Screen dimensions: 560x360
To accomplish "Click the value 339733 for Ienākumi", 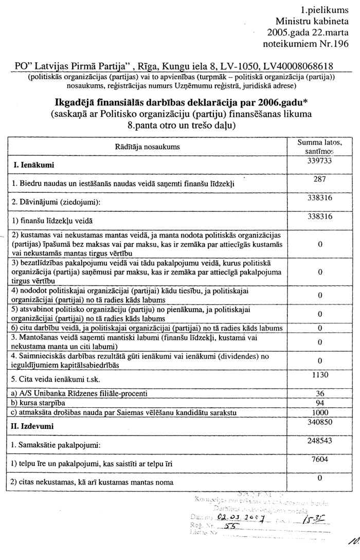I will [320, 161].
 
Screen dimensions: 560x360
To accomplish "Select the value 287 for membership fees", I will [320, 179].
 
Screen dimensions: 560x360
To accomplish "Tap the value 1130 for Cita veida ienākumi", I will [320, 375].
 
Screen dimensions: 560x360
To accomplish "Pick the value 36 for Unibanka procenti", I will [320, 393].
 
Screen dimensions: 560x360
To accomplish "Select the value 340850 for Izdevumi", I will [320, 421].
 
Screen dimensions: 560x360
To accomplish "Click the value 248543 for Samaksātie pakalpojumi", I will [320, 440].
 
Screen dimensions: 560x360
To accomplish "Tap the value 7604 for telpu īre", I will [320, 459].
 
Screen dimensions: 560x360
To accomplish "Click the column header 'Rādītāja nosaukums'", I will [151, 147].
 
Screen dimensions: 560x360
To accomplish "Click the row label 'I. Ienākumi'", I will [33, 166].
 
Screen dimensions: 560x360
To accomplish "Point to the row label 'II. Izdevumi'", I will [34, 426].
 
